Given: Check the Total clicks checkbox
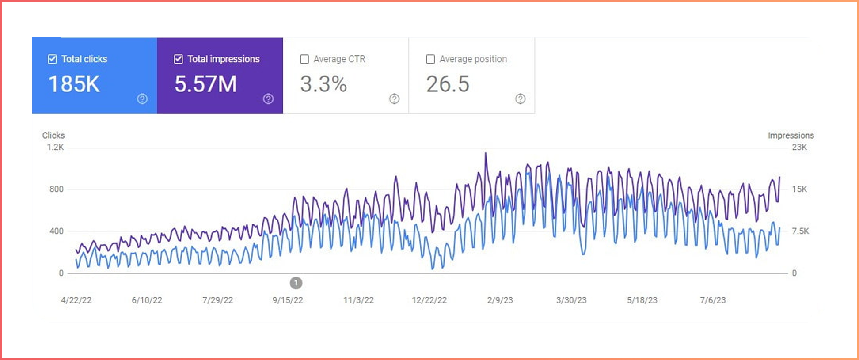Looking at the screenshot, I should (52, 59).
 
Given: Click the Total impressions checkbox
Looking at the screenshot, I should (179, 59).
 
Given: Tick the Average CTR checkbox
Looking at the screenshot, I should (304, 59).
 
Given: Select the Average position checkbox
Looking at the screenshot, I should (430, 59).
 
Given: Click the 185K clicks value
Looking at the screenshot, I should (74, 84).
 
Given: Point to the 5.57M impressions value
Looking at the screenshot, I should (205, 84).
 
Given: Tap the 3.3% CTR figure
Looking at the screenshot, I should (323, 84).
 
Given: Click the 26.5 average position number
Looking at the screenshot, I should (448, 84).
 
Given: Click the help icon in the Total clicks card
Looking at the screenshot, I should (142, 99).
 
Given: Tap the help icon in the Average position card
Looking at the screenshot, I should (521, 99).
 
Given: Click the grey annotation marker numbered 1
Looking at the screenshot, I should (296, 283).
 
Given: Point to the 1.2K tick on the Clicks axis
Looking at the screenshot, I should (55, 147).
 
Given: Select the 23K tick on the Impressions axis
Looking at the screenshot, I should (799, 147).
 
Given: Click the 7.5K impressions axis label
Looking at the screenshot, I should (800, 231).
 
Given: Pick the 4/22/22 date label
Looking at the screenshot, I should (76, 300).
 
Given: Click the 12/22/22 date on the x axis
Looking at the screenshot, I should (429, 300).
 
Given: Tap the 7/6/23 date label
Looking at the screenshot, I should (713, 300).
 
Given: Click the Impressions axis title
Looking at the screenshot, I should (791, 136).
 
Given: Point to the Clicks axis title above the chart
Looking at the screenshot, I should (53, 136).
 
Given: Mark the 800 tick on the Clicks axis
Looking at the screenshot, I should (57, 189).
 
